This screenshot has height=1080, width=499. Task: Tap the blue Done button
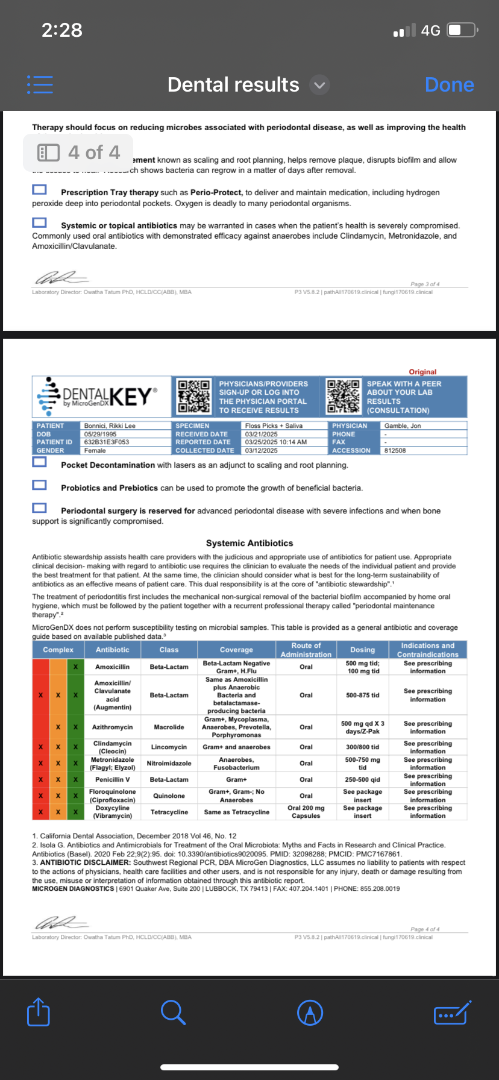tap(449, 85)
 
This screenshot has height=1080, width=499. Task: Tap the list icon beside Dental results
tap(40, 84)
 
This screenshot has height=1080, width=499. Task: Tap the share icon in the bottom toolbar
tap(39, 1012)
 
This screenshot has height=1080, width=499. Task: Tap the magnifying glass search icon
tap(173, 1012)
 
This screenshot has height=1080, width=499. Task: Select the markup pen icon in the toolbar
tap(310, 1012)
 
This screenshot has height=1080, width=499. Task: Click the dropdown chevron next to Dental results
tap(320, 85)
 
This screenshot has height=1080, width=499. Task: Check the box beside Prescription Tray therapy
tap(40, 190)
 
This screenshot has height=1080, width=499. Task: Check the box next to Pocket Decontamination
tap(40, 462)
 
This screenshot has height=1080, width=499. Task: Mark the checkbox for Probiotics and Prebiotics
tap(40, 485)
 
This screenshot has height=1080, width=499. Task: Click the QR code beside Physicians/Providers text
tap(194, 397)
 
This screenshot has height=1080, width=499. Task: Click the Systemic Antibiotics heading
tap(249, 543)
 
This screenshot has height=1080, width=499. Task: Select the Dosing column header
tap(362, 650)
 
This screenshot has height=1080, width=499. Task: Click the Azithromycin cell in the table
tap(113, 727)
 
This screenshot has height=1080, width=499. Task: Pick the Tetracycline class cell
tap(169, 812)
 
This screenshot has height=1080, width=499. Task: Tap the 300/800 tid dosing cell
tap(362, 747)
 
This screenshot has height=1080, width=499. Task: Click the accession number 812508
tap(395, 450)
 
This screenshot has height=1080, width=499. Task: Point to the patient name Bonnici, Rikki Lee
tap(110, 425)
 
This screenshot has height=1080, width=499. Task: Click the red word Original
tap(422, 372)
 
